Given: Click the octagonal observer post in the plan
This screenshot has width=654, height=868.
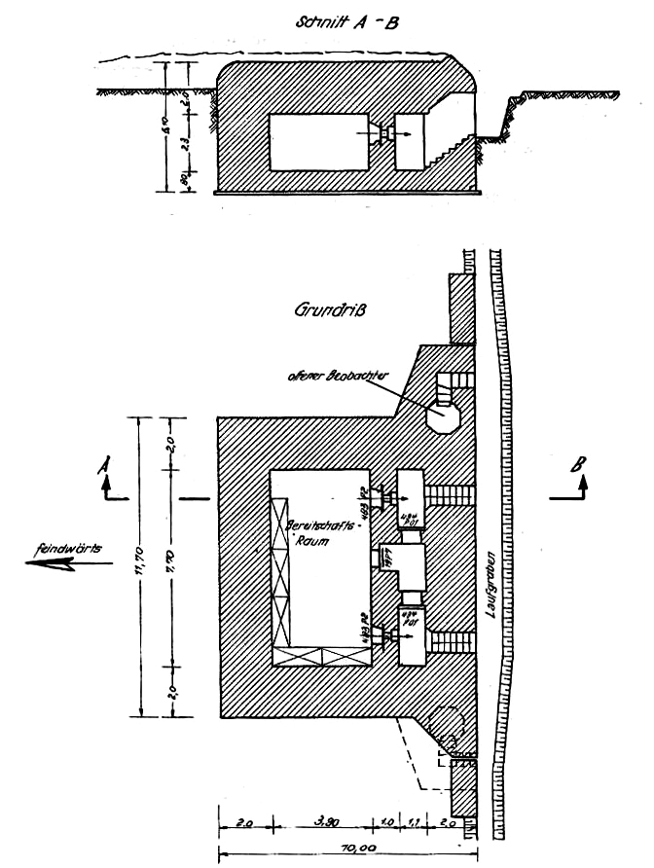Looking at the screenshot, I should [445, 416].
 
